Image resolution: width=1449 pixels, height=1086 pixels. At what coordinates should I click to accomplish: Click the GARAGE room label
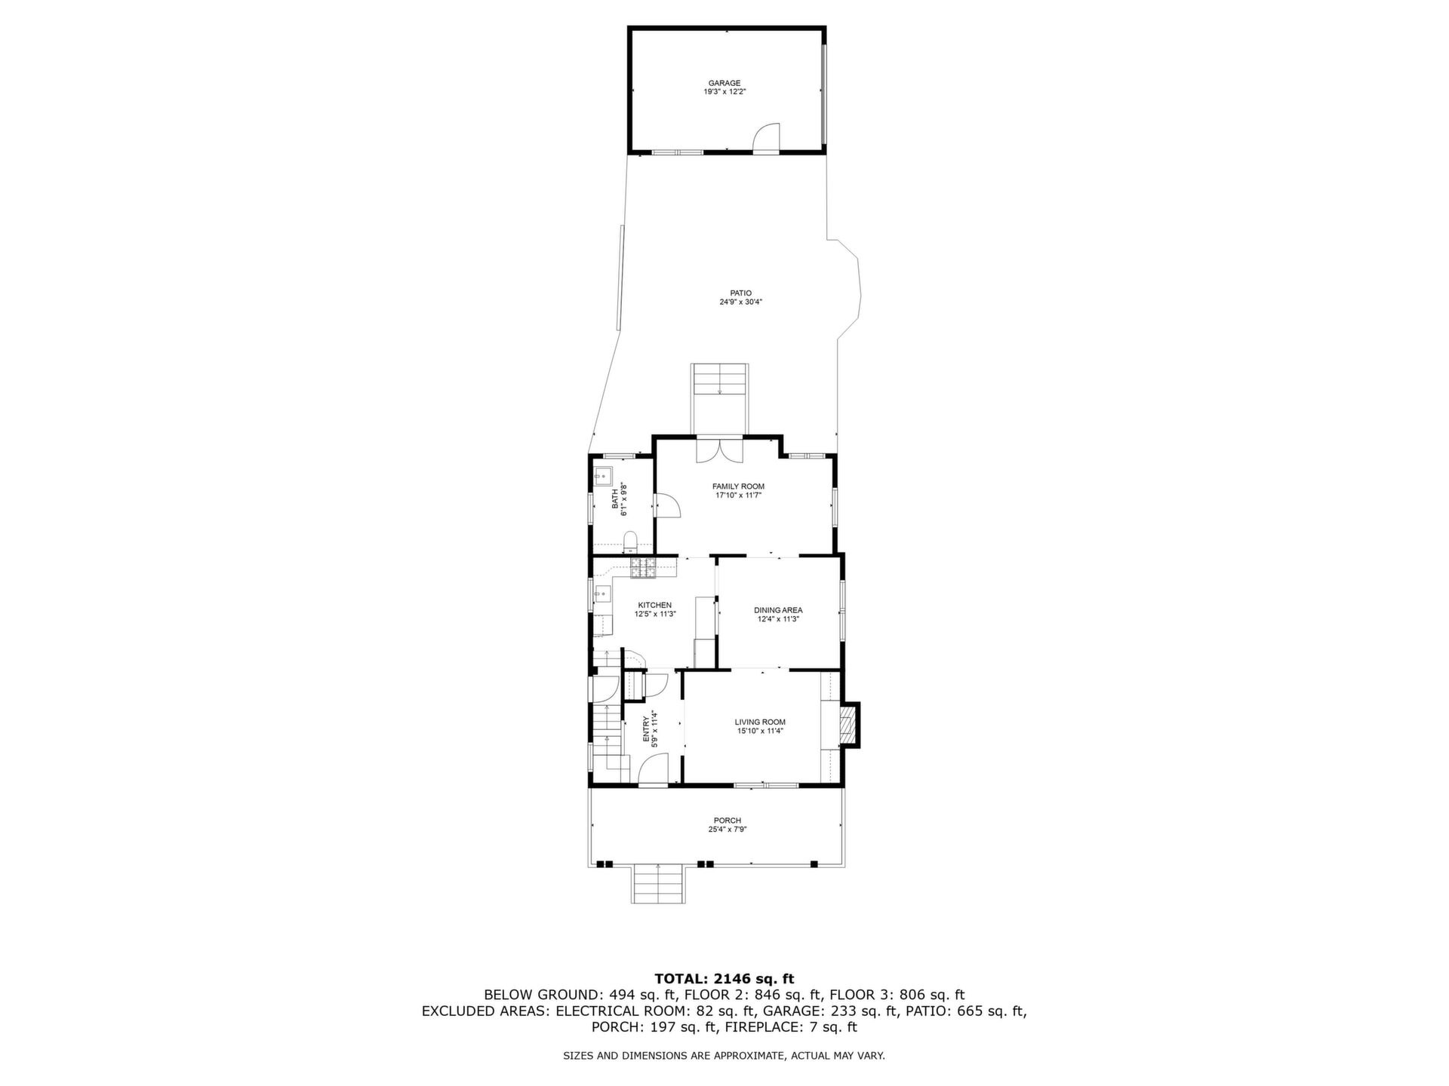pyautogui.click(x=724, y=83)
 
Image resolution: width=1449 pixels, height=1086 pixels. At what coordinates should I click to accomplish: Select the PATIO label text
pyautogui.click(x=740, y=293)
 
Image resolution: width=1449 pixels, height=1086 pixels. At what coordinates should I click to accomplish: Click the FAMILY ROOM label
pyautogui.click(x=738, y=486)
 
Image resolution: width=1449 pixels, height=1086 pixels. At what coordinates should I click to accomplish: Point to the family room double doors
pyautogui.click(x=720, y=451)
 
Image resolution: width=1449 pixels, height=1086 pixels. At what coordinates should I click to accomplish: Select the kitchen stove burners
pyautogui.click(x=644, y=568)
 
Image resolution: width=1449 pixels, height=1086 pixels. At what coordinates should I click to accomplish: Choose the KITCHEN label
pyautogui.click(x=654, y=605)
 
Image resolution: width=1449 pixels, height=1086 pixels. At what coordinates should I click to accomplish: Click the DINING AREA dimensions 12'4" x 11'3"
pyautogui.click(x=778, y=619)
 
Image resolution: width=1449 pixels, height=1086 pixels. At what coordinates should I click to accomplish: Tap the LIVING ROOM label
pyautogui.click(x=760, y=722)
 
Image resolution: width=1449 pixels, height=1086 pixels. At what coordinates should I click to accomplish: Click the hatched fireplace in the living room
pyautogui.click(x=849, y=724)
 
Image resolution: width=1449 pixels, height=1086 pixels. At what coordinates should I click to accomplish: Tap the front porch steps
pyautogui.click(x=659, y=883)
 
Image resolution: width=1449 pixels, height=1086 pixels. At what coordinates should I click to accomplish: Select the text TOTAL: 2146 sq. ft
pyautogui.click(x=724, y=980)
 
